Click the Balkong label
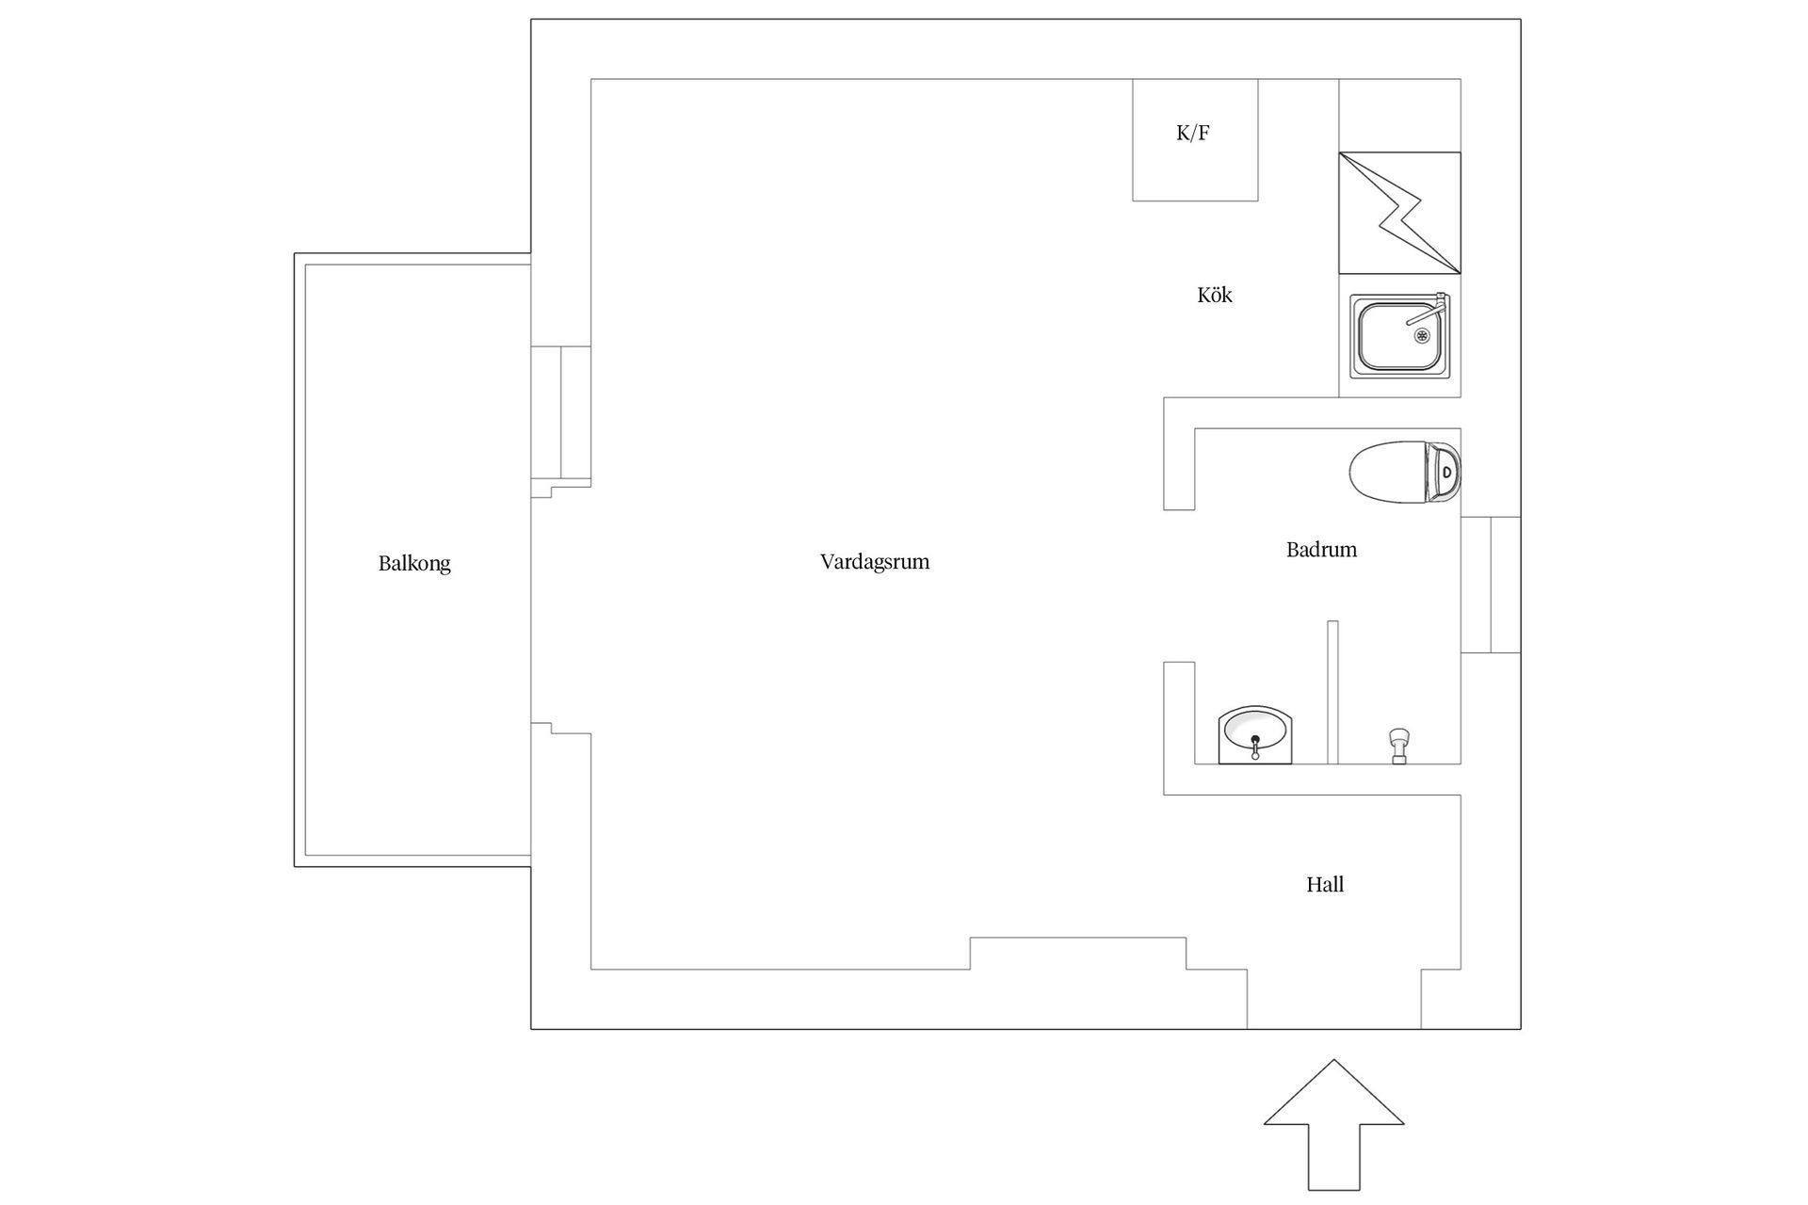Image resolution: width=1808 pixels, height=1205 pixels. pyautogui.click(x=414, y=564)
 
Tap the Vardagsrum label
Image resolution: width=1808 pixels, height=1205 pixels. pyautogui.click(x=875, y=562)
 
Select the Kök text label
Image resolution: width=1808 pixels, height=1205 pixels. pyautogui.click(x=1215, y=295)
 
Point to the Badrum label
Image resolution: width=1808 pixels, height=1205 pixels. pyautogui.click(x=1321, y=550)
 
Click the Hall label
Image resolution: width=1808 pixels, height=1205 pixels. pyautogui.click(x=1325, y=885)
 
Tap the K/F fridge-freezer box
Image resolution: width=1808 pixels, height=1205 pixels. pyautogui.click(x=1195, y=139)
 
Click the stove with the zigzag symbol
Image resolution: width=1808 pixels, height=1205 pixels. pyautogui.click(x=1399, y=213)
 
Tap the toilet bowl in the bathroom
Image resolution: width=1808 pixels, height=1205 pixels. pyautogui.click(x=1387, y=473)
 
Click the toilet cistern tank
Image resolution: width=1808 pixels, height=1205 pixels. pyautogui.click(x=1444, y=473)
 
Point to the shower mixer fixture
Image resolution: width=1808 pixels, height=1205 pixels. pyautogui.click(x=1399, y=746)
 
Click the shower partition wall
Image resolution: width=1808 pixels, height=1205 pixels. pyautogui.click(x=1332, y=692)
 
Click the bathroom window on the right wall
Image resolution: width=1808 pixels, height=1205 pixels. pyautogui.click(x=1491, y=585)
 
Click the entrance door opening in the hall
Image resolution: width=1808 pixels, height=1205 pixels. pyautogui.click(x=1334, y=999)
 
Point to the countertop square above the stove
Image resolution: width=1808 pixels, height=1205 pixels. pyautogui.click(x=1399, y=116)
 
